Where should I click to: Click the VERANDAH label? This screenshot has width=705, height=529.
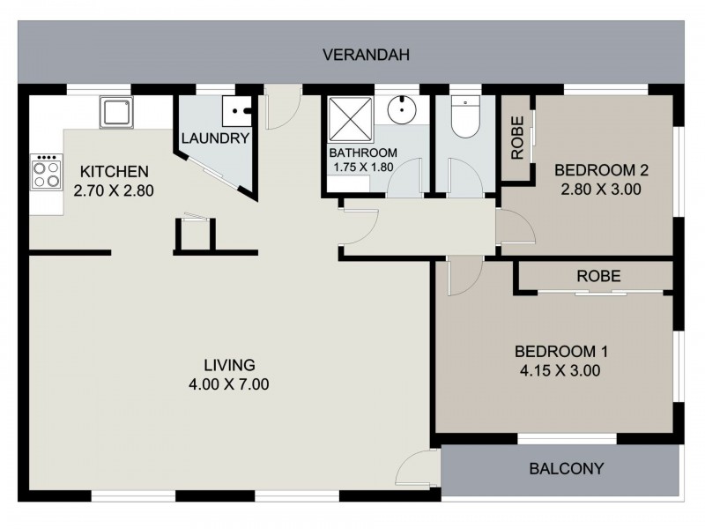click(x=366, y=55)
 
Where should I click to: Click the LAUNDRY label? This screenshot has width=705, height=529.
click(x=216, y=138)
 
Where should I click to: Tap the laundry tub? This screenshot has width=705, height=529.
click(x=236, y=111)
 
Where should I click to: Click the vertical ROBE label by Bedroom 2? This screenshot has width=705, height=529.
click(x=518, y=138)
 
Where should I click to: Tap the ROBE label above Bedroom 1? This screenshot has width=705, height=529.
click(x=598, y=276)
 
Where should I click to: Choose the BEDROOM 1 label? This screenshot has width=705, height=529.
click(x=560, y=352)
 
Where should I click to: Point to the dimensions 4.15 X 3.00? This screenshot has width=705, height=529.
click(x=560, y=370)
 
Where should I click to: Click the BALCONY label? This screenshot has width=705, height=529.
click(x=566, y=468)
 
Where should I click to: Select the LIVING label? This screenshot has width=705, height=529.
click(x=229, y=365)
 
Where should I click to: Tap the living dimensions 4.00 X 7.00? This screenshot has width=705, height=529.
click(x=229, y=384)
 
